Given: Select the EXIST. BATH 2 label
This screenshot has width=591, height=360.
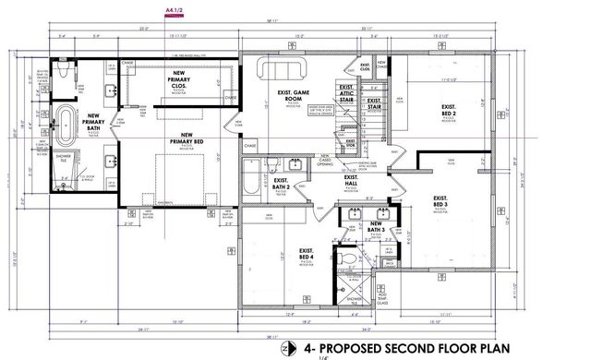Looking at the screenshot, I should (x=281, y=186).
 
